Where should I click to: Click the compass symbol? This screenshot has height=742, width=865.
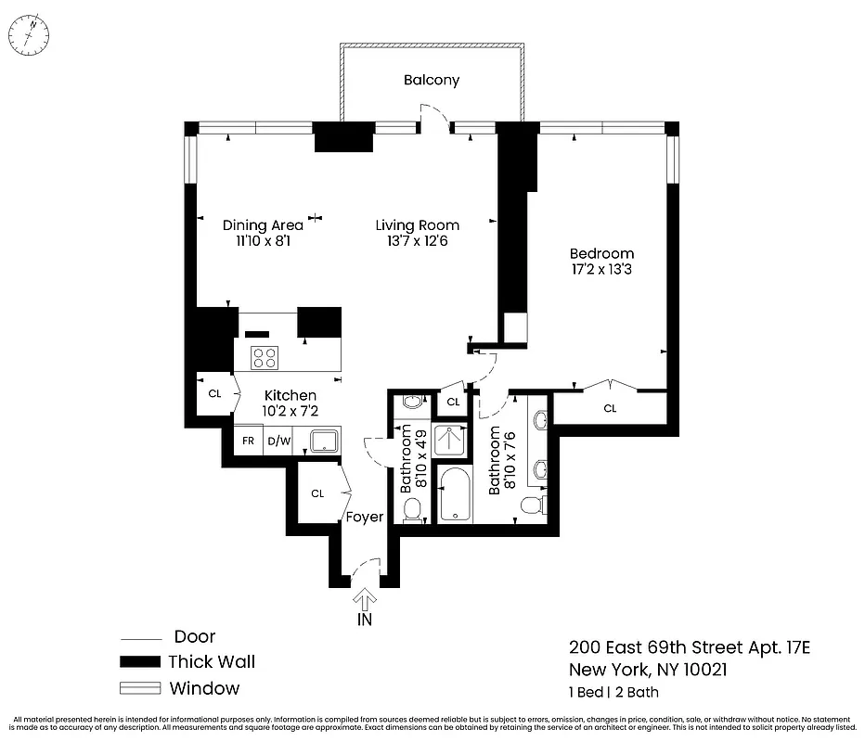click(x=32, y=36)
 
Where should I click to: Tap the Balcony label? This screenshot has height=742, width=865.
click(x=431, y=80)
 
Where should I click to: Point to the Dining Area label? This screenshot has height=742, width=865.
click(x=263, y=225)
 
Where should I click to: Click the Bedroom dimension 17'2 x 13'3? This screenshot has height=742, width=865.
click(x=601, y=271)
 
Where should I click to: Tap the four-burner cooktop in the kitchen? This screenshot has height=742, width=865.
click(x=264, y=357)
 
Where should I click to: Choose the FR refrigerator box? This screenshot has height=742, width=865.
click(x=248, y=441)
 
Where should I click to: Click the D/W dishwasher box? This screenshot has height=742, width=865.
click(x=278, y=441)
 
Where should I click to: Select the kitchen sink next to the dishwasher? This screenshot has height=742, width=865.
click(x=323, y=441)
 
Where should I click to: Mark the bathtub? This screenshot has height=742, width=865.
click(x=456, y=494)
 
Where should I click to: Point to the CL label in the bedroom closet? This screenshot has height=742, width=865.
click(x=610, y=408)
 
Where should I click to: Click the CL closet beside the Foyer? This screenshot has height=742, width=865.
click(x=317, y=493)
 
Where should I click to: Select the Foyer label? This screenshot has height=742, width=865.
click(x=365, y=517)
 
